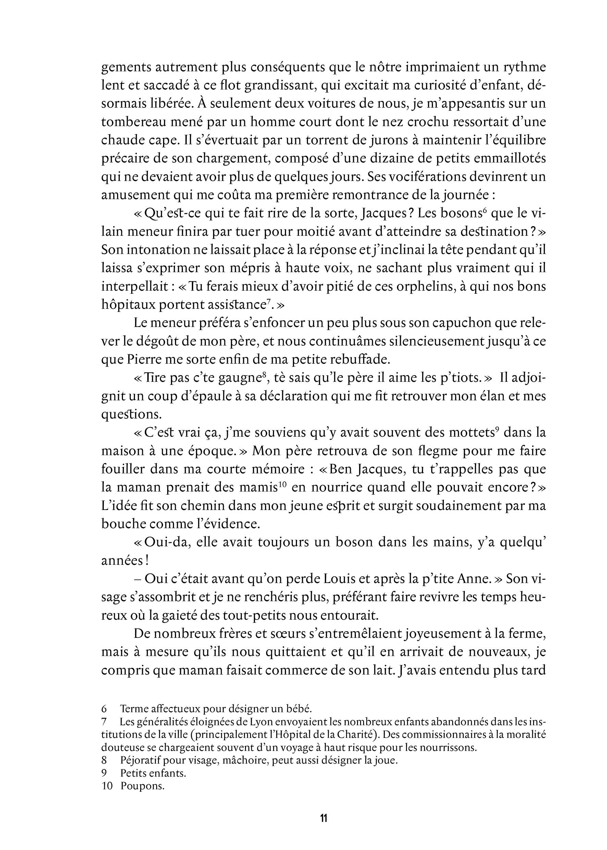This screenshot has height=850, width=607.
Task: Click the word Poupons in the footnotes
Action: tap(143, 786)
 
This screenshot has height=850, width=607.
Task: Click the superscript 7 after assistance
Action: tap(268, 302)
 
